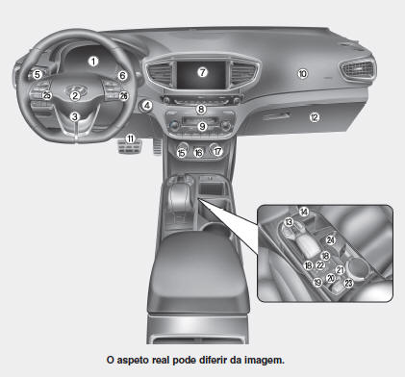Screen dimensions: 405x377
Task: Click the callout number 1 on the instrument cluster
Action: coord(93,61)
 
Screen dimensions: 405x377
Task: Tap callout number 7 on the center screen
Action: coord(202,72)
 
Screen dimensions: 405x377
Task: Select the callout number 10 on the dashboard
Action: coord(302,74)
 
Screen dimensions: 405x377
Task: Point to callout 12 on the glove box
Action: coord(315,117)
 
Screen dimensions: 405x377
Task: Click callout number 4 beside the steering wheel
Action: coord(147,105)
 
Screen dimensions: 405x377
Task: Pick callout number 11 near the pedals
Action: coord(130,138)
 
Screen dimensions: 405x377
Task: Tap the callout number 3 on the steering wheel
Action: coord(75,116)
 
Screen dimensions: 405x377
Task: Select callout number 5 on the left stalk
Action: coord(38,75)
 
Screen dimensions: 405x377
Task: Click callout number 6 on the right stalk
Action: coord(122,75)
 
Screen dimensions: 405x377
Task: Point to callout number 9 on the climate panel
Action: coord(202,126)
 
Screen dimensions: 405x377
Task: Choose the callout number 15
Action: coord(182,153)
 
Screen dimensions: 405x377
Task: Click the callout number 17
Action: coord(217,151)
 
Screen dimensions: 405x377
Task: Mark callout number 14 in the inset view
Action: coord(304,212)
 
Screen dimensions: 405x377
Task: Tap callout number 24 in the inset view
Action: coord(330,239)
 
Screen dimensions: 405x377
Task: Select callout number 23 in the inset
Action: coord(348,283)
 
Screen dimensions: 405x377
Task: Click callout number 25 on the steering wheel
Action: coord(47,95)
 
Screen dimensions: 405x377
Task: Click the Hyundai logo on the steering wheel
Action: coord(76,89)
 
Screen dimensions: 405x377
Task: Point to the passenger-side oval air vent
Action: coord(357,69)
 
